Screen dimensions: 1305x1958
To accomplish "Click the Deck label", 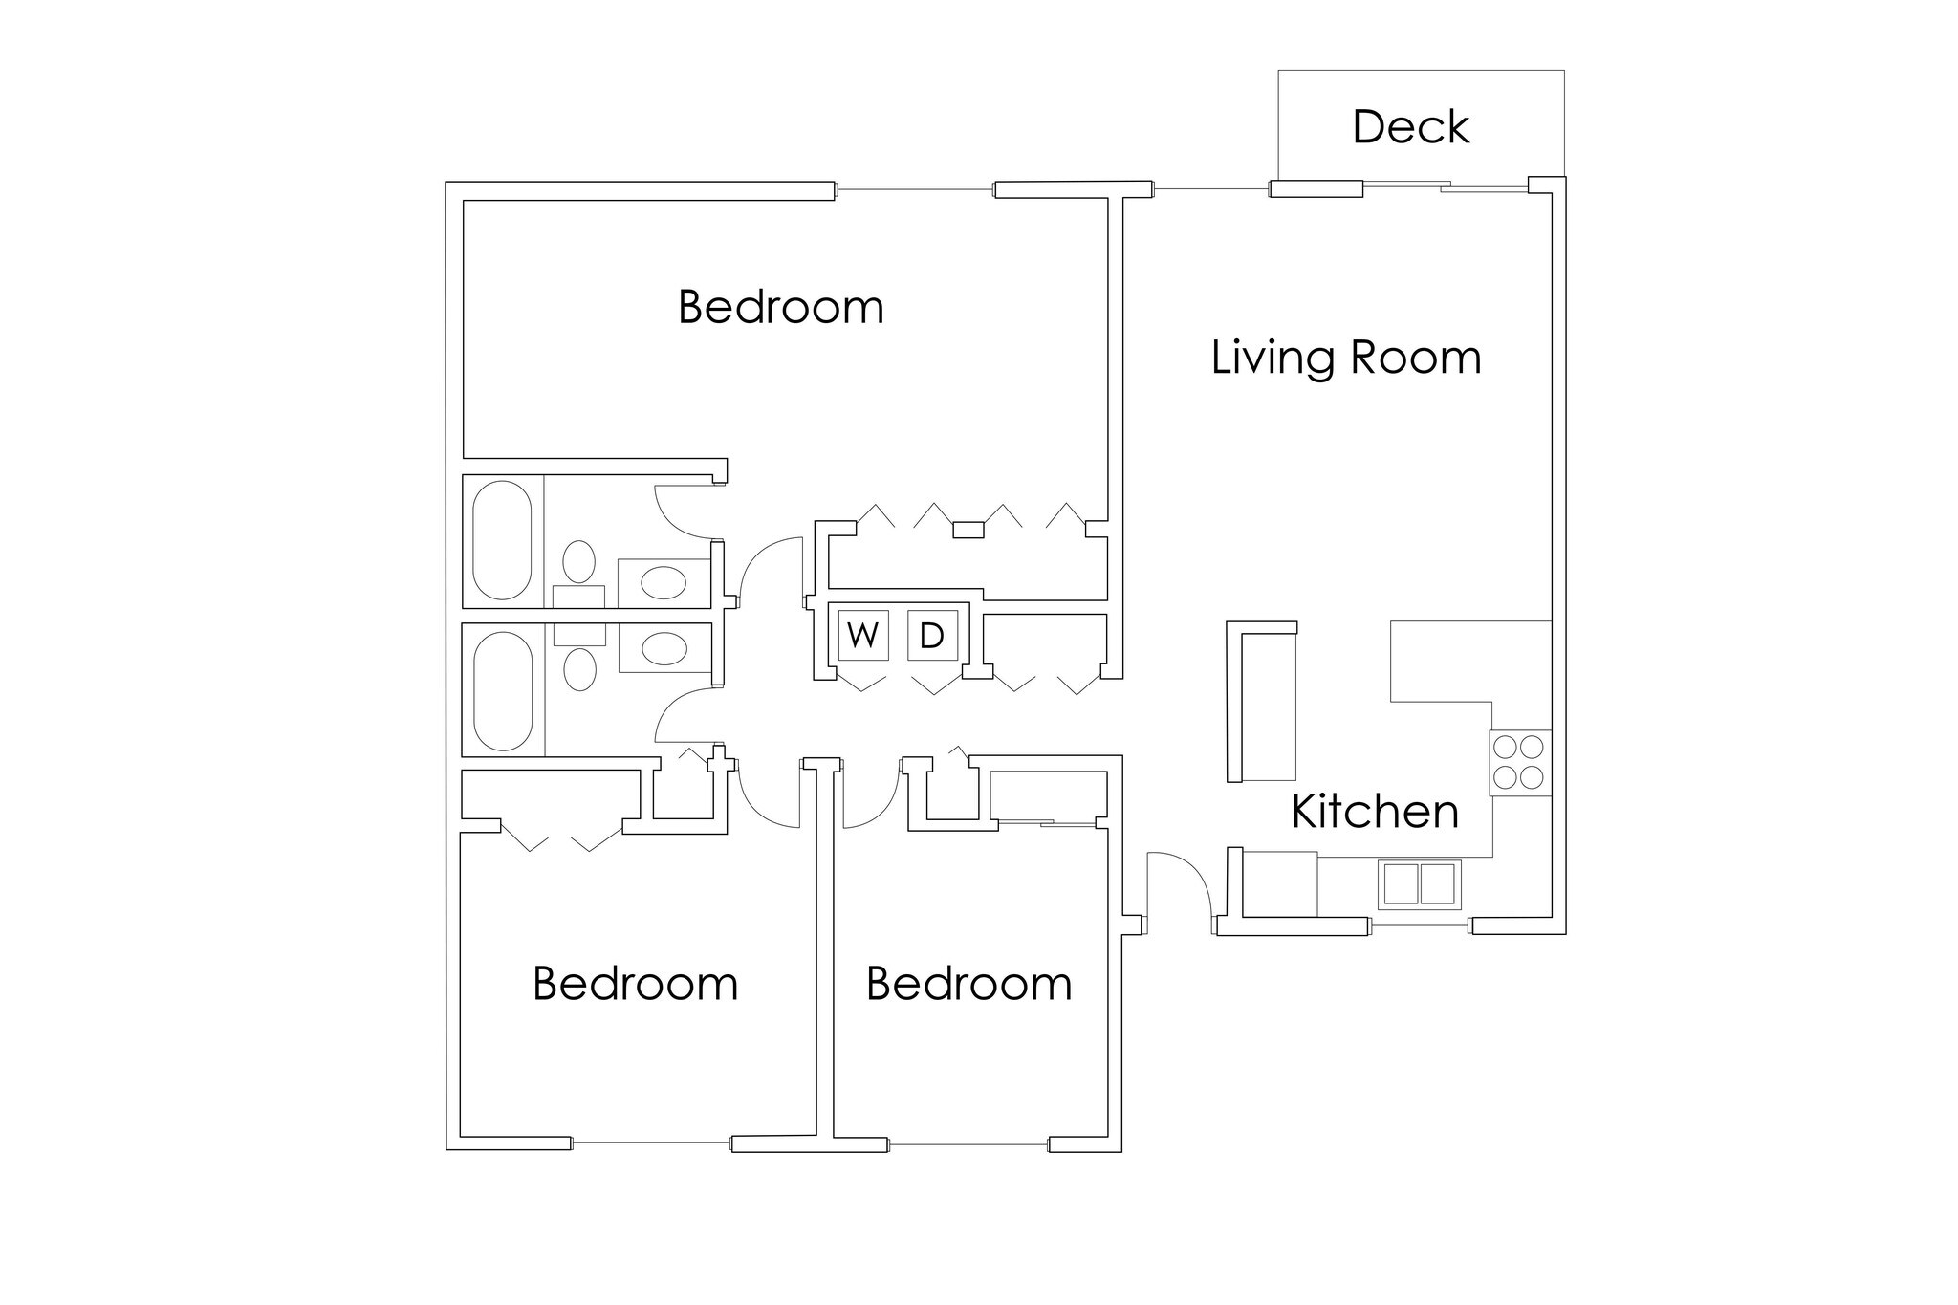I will (1410, 127).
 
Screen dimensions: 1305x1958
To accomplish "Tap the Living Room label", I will (1345, 358).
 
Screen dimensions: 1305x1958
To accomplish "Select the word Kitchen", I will (1374, 811).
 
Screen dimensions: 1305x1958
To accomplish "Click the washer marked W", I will (863, 635).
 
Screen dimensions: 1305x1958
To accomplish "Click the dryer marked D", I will (932, 635).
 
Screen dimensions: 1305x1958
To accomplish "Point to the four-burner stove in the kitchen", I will (1519, 762).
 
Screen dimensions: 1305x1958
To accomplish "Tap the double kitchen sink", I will (1420, 884).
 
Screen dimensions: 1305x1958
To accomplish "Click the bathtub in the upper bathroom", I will (502, 540).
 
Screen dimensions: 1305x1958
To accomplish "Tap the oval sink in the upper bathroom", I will (663, 582).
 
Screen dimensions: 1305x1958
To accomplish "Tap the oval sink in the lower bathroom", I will (664, 649).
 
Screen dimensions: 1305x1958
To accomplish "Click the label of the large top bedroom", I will (780, 308).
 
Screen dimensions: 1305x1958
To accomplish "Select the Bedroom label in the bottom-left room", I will (635, 984).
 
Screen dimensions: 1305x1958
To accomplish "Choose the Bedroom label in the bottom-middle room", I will (968, 984).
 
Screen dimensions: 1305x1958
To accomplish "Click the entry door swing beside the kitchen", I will (1178, 884).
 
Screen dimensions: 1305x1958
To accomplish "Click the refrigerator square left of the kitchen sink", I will (1279, 883).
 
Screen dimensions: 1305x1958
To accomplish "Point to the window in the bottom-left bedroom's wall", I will (651, 1142).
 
